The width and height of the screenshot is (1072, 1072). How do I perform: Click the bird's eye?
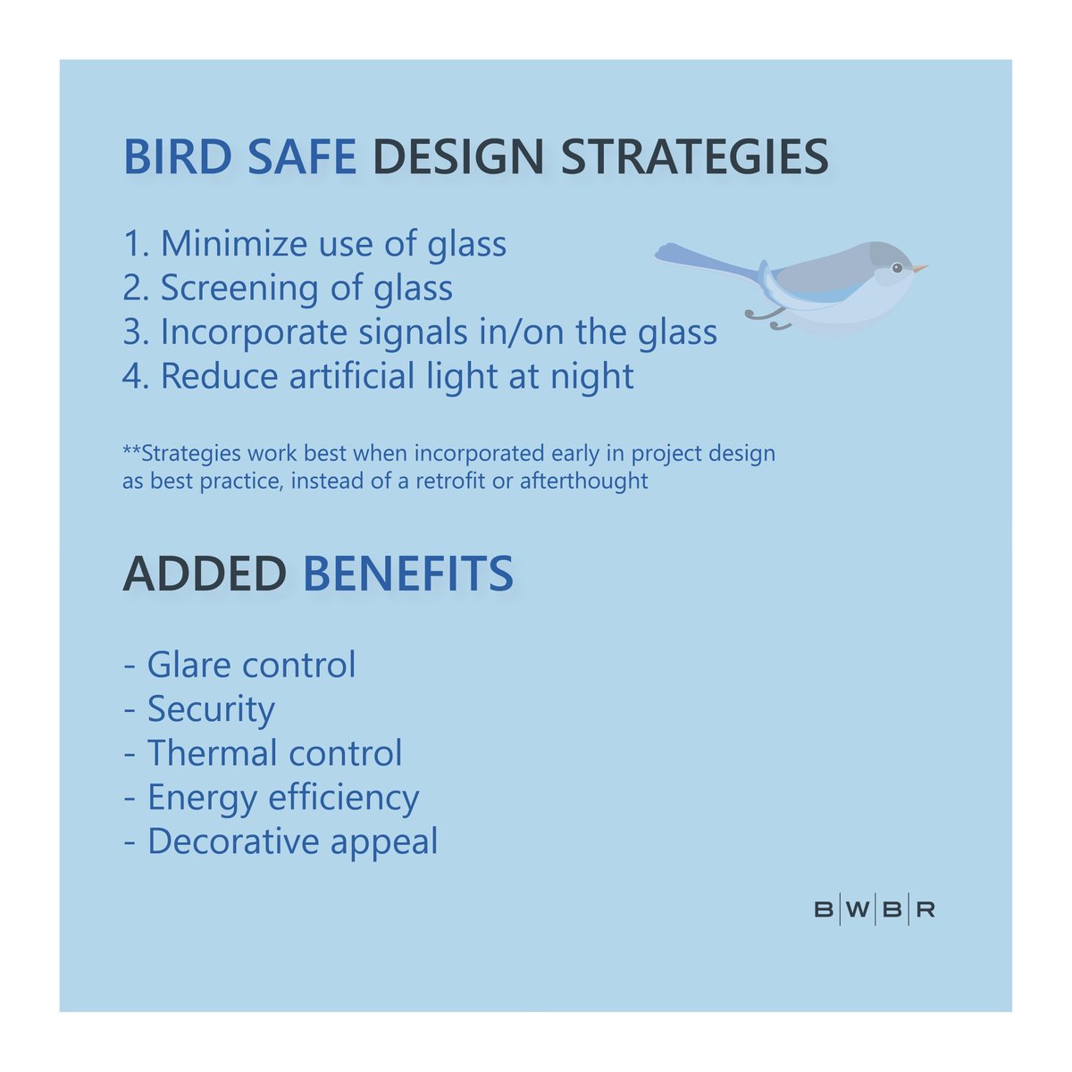tap(897, 267)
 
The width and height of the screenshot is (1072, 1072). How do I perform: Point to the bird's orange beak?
tap(920, 268)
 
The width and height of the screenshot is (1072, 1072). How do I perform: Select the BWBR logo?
tap(875, 910)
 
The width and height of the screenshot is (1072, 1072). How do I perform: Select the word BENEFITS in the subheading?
tap(408, 574)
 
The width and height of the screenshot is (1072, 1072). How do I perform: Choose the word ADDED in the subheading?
tap(205, 574)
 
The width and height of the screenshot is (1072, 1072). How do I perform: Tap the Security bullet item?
tap(211, 709)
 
